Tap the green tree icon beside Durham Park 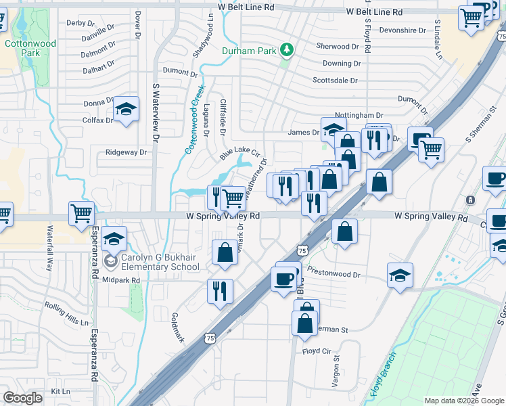(x=287, y=50)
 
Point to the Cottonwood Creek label (x=194, y=119)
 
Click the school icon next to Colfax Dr (x=126, y=110)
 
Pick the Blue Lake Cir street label (x=239, y=154)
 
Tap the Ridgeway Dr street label (x=126, y=152)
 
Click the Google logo (x=22, y=397)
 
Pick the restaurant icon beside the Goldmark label (x=220, y=291)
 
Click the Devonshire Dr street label (x=402, y=30)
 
